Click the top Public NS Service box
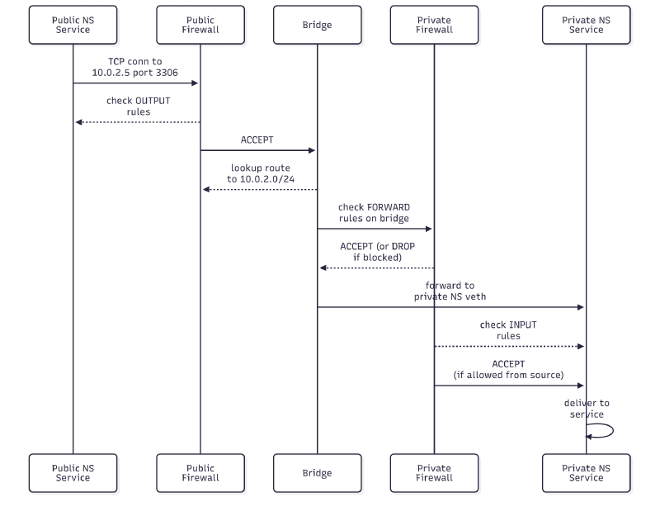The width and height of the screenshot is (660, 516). tap(73, 25)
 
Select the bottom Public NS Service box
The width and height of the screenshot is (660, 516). tap(73, 473)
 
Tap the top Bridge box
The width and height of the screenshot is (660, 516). tap(317, 25)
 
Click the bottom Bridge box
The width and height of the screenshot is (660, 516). tap(317, 473)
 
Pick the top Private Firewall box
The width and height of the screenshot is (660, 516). tap(434, 25)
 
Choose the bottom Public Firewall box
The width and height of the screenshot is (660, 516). tap(200, 473)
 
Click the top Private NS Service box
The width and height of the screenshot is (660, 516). tap(587, 25)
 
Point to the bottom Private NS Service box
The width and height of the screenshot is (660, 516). tap(587, 473)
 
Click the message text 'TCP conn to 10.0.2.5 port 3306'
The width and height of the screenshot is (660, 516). tap(136, 67)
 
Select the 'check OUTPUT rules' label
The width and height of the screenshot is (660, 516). tap(138, 106)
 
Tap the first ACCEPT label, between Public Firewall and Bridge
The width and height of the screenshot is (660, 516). tap(257, 140)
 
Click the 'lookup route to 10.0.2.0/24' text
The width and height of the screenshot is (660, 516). tap(260, 173)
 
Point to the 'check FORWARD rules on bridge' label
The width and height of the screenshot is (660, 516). tap(374, 212)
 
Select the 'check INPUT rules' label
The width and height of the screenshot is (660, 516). tap(509, 330)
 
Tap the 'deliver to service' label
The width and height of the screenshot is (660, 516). tap(587, 409)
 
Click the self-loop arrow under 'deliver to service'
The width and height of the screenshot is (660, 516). tap(607, 431)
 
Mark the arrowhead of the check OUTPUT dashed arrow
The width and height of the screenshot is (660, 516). tap(78, 122)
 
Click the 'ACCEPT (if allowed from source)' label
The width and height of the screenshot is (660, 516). tap(508, 369)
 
